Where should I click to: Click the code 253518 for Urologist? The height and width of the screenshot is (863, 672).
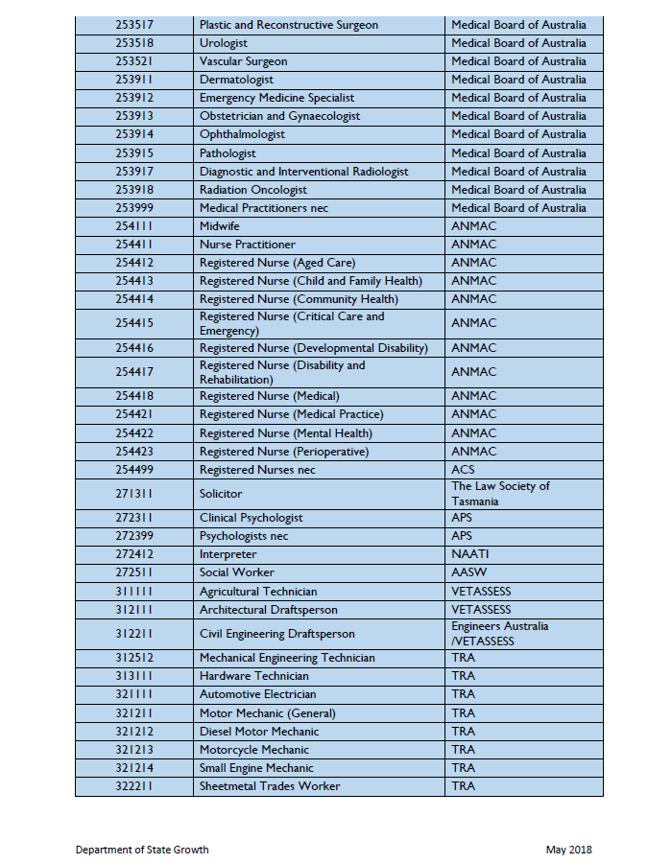(134, 43)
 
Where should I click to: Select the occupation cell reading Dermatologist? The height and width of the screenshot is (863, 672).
(236, 80)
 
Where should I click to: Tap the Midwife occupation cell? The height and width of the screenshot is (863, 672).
(219, 226)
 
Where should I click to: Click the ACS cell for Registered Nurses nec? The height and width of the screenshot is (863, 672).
(463, 470)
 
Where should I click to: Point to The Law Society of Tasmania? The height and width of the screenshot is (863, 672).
(500, 494)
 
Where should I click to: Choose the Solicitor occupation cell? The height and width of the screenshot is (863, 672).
(221, 494)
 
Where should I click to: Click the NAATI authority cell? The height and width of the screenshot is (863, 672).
(470, 554)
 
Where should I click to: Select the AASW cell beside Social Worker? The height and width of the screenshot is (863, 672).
(468, 572)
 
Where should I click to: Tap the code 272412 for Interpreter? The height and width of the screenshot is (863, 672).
(134, 554)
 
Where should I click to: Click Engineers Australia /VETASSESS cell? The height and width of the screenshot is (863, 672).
(500, 634)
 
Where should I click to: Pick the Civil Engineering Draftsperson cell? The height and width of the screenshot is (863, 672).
(276, 634)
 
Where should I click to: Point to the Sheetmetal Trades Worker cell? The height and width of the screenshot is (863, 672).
(270, 786)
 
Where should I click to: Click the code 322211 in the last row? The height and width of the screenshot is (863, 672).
(134, 786)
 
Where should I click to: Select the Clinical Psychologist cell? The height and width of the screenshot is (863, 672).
(251, 518)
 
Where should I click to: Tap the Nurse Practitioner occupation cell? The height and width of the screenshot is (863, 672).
(248, 245)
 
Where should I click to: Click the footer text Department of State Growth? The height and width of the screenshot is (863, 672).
(142, 850)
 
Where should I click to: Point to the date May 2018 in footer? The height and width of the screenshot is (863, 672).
(569, 850)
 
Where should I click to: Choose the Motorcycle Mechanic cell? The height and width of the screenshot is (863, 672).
(254, 750)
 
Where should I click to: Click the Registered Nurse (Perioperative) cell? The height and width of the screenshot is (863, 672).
(284, 452)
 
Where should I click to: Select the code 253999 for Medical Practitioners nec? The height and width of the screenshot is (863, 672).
(134, 208)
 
